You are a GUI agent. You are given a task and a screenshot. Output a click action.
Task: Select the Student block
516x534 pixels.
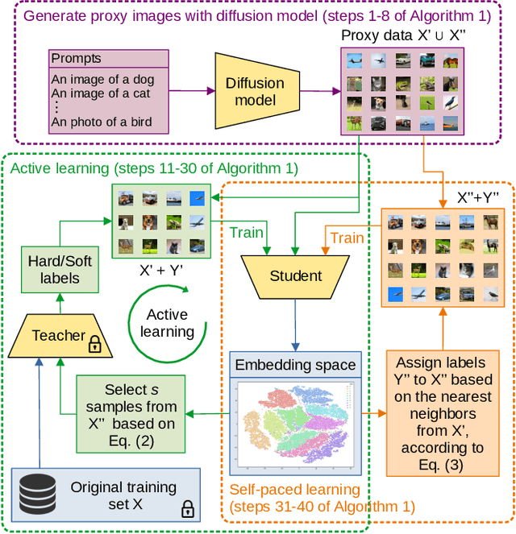click(296, 275)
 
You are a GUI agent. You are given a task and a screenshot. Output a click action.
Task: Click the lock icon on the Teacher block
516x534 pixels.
click(95, 346)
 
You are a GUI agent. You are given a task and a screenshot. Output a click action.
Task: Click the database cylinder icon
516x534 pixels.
click(38, 493)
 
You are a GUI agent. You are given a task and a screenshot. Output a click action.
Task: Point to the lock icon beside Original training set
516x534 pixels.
click(188, 509)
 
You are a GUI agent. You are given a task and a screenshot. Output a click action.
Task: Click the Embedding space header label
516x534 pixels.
click(295, 365)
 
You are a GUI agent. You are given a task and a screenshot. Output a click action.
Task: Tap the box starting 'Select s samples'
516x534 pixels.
click(131, 414)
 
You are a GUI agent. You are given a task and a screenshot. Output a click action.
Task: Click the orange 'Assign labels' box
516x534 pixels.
click(440, 414)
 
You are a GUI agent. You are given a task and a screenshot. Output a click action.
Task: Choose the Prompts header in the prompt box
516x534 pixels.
click(77, 59)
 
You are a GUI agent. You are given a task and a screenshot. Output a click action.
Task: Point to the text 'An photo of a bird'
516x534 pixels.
click(101, 122)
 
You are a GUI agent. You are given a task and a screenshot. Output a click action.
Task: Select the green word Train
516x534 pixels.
click(246, 233)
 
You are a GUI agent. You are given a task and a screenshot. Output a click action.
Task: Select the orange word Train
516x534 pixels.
click(347, 238)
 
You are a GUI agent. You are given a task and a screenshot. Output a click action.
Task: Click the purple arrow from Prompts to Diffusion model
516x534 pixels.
click(191, 92)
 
